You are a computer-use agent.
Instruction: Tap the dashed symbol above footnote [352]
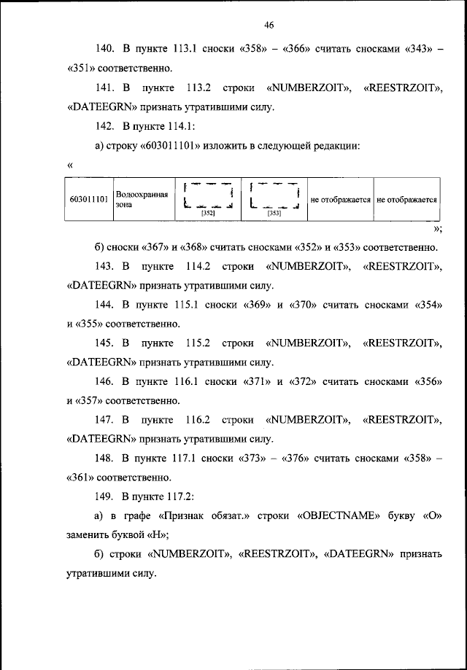click(x=208, y=195)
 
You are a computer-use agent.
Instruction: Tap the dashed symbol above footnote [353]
click(x=274, y=195)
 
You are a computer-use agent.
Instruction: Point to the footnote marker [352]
click(x=208, y=214)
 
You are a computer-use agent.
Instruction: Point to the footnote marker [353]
click(x=274, y=214)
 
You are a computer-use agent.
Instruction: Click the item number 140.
click(x=105, y=50)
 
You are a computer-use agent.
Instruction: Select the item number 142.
click(x=105, y=127)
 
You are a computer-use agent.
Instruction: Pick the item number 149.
click(x=105, y=497)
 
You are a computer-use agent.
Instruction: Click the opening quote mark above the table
click(x=70, y=165)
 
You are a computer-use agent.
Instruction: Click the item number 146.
click(x=105, y=381)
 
